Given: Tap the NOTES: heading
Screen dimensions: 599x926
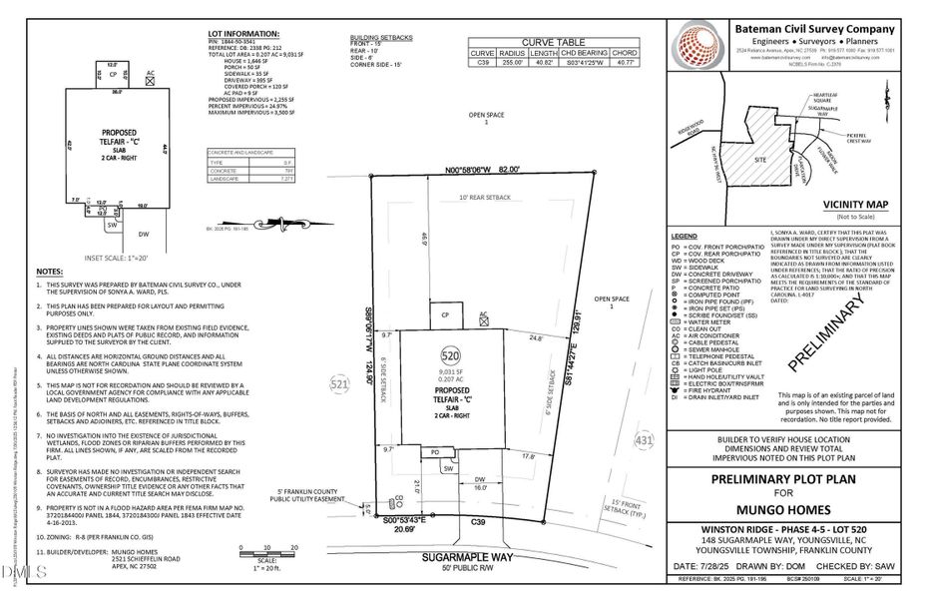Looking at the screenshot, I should [x=50, y=272].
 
